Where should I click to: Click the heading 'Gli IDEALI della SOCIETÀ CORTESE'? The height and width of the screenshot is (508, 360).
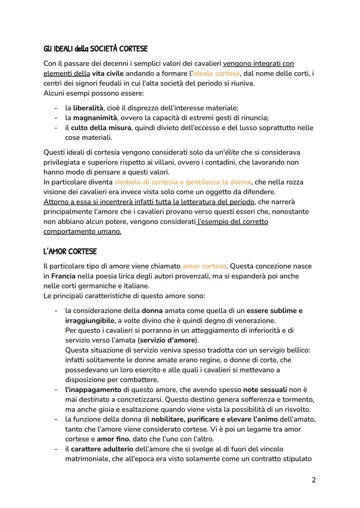tap(95, 49)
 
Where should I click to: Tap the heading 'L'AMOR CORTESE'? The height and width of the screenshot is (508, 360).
tap(70, 252)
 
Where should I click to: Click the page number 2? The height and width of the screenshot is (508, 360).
tap(313, 480)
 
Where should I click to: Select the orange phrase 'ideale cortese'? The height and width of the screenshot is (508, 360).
tap(216, 73)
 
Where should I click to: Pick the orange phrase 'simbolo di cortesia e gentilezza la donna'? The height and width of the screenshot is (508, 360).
tap(183, 182)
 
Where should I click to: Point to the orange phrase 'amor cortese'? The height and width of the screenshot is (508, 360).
tap(204, 266)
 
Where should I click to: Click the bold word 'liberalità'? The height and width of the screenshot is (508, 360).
tap(88, 108)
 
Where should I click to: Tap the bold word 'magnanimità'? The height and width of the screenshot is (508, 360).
tap(95, 118)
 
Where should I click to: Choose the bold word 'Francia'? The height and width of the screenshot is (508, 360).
tap(63, 276)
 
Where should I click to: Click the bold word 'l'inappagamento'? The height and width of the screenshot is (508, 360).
tap(93, 390)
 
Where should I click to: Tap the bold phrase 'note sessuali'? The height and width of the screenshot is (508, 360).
tap(265, 390)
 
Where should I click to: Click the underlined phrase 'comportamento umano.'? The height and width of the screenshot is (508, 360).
tap(82, 232)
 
